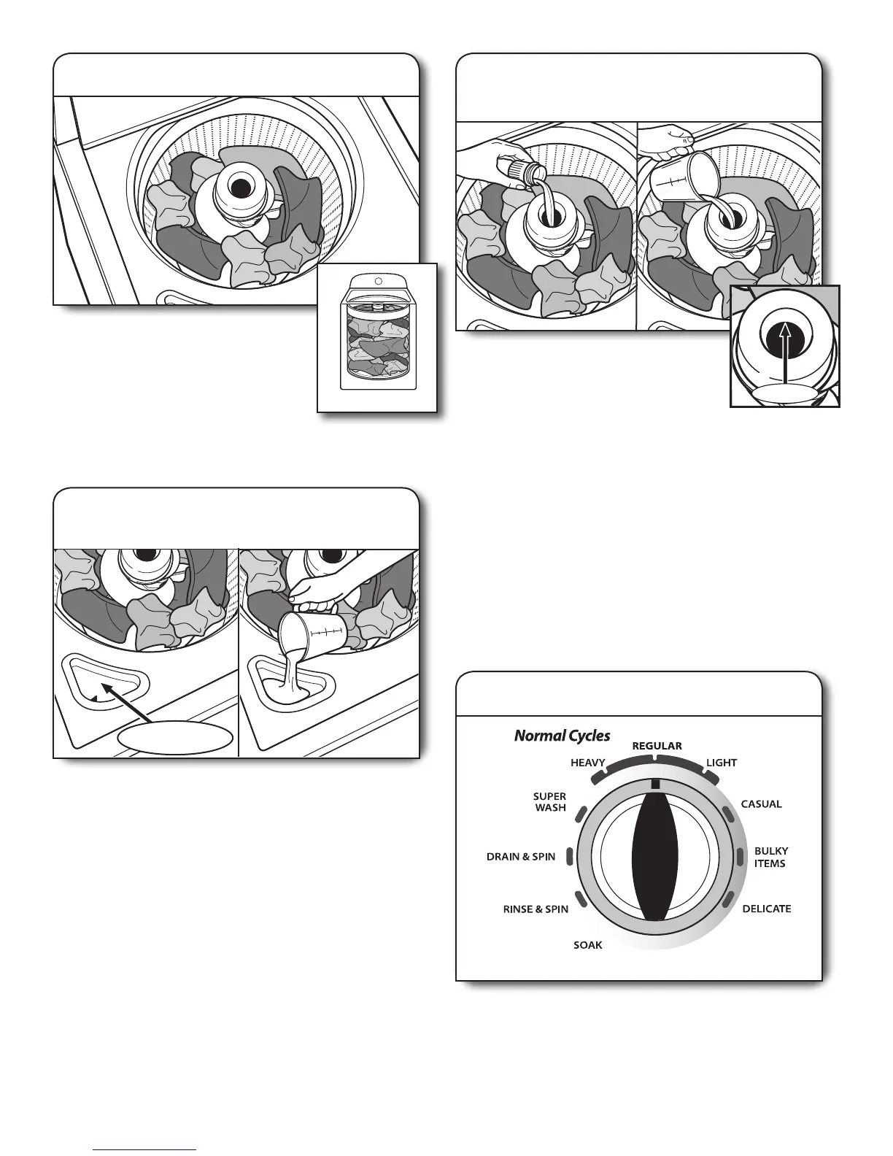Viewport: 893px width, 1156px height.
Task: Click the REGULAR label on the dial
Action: [x=657, y=746]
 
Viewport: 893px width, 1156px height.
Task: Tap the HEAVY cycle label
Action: [x=587, y=763]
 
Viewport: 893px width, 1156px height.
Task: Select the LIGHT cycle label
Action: [x=722, y=763]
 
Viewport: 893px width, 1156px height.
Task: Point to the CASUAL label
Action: [x=761, y=804]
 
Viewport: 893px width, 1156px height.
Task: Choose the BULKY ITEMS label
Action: [x=770, y=858]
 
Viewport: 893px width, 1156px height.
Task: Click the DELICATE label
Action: [x=766, y=909]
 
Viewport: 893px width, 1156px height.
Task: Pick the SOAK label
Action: [x=587, y=945]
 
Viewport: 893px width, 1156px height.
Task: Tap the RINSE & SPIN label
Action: [x=536, y=910]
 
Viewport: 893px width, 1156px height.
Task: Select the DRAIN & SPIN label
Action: [x=521, y=857]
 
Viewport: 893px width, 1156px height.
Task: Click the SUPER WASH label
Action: [x=549, y=802]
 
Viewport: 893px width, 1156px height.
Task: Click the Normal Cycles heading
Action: [x=562, y=736]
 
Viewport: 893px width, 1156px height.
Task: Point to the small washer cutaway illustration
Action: [x=376, y=336]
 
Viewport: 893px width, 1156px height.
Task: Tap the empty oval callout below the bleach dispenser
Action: [x=175, y=739]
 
